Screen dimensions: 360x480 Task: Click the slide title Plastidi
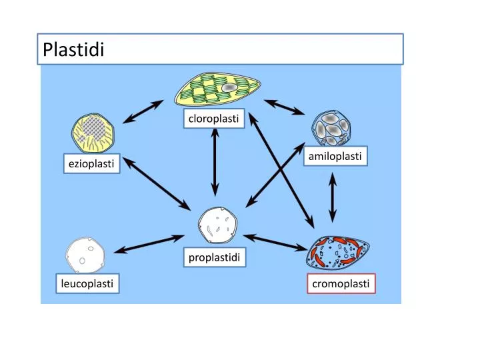click(73, 49)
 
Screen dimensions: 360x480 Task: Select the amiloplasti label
click(335, 156)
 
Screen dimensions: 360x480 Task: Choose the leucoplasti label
click(85, 285)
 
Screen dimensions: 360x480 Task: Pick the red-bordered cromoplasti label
click(341, 285)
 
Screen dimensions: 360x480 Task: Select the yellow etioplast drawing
click(94, 133)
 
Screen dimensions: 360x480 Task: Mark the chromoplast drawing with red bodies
click(337, 254)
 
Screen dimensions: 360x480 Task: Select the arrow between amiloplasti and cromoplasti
click(332, 198)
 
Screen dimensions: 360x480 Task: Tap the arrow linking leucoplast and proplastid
click(149, 243)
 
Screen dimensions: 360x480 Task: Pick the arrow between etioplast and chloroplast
click(143, 111)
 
